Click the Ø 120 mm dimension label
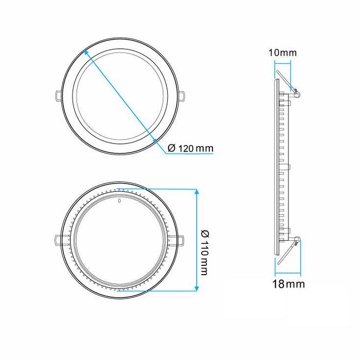[190, 149]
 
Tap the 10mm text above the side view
[282, 53]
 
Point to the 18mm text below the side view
[289, 283]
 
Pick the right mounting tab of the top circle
[183, 95]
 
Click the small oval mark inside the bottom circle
[119, 201]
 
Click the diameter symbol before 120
[172, 149]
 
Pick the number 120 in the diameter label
[187, 149]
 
